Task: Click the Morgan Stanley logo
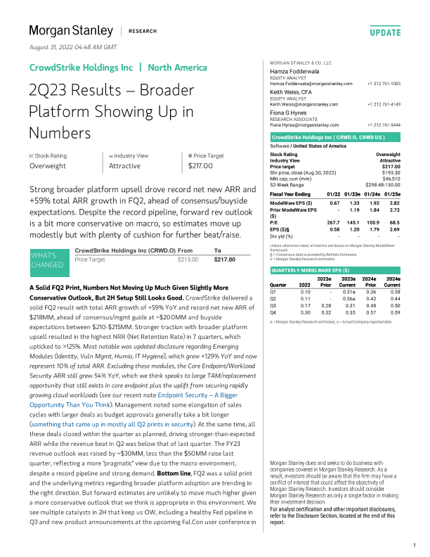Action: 70,30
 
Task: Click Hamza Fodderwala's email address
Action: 311,84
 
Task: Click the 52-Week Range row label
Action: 289,184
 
